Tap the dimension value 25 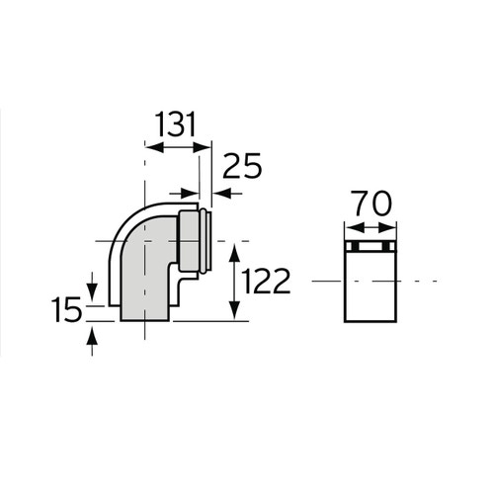(241, 167)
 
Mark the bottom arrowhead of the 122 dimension (235, 313)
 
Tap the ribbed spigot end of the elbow (202, 241)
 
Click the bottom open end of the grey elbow (143, 319)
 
